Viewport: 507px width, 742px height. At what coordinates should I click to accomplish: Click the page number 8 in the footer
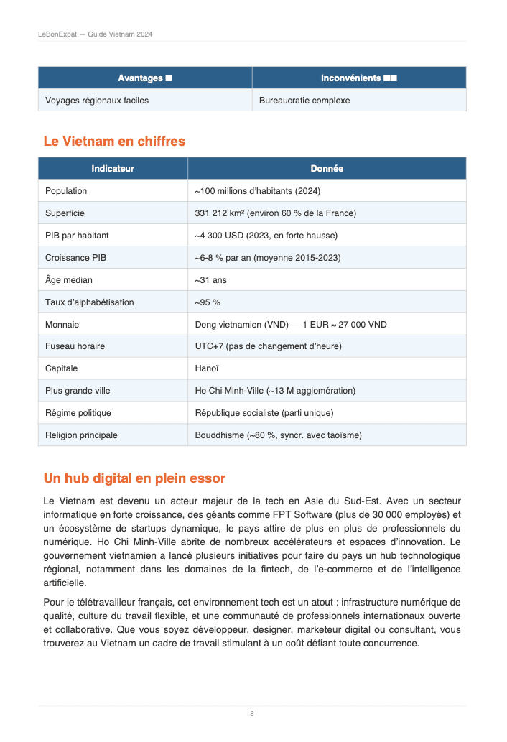click(x=252, y=713)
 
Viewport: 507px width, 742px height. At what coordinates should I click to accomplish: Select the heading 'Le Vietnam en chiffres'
click(x=114, y=142)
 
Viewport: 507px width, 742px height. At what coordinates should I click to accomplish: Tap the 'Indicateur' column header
click(x=113, y=169)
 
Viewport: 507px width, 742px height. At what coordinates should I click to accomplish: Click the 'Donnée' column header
click(x=327, y=169)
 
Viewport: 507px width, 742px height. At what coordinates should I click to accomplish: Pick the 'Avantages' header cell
click(x=145, y=78)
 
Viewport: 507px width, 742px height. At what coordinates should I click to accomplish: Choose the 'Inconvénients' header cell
click(x=359, y=78)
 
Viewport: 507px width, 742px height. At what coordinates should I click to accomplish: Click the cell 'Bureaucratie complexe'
click(x=304, y=101)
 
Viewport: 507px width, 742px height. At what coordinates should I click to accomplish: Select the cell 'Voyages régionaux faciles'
click(x=97, y=101)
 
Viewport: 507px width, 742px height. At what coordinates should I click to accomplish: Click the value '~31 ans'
click(x=211, y=280)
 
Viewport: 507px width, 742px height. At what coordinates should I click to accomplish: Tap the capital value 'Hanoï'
click(x=208, y=368)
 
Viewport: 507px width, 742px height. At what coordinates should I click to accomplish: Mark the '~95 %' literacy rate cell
click(x=208, y=302)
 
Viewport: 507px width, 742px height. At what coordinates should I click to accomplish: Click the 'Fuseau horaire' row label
click(x=75, y=346)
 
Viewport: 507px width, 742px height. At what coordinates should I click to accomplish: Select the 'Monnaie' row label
click(x=62, y=325)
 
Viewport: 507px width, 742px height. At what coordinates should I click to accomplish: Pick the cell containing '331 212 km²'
click(x=276, y=213)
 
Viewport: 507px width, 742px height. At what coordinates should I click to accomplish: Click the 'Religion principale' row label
click(x=81, y=435)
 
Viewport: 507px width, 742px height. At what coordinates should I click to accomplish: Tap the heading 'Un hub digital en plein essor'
click(x=134, y=478)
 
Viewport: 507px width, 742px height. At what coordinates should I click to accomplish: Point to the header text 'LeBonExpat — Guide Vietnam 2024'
click(x=95, y=34)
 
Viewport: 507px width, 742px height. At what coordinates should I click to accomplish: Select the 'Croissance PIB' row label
click(x=75, y=258)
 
